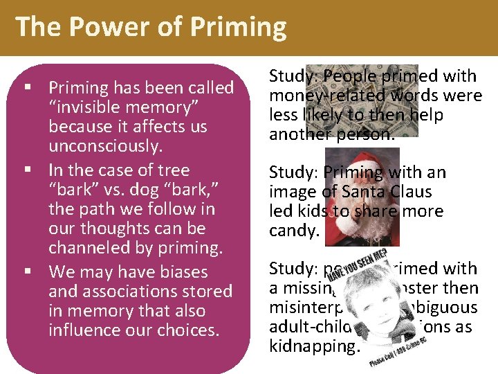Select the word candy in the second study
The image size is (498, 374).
pos(293,230)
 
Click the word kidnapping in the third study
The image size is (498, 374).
pos(314,345)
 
